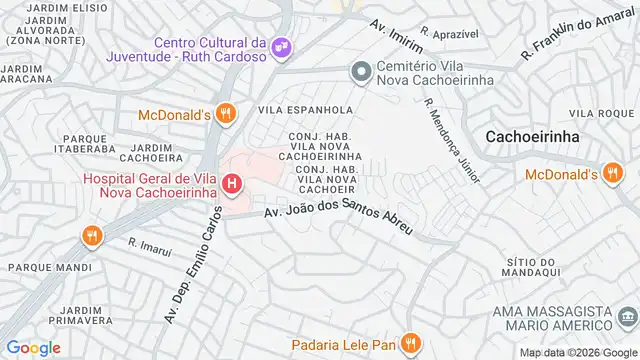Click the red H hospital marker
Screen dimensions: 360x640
click(233, 184)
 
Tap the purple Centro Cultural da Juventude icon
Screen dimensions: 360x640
click(283, 46)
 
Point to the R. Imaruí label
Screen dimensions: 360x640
click(145, 242)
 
